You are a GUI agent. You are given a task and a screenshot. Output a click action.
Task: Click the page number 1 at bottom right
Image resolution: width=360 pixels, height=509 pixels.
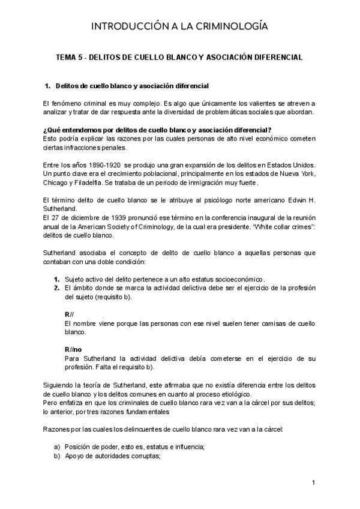point(313,483)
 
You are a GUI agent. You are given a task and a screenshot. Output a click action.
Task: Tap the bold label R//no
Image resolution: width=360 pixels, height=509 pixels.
point(74,349)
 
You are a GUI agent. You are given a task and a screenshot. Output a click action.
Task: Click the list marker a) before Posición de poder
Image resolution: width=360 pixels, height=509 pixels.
point(57,446)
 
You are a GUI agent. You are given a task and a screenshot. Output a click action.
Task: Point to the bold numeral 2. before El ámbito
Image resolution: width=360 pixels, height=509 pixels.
point(56,288)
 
